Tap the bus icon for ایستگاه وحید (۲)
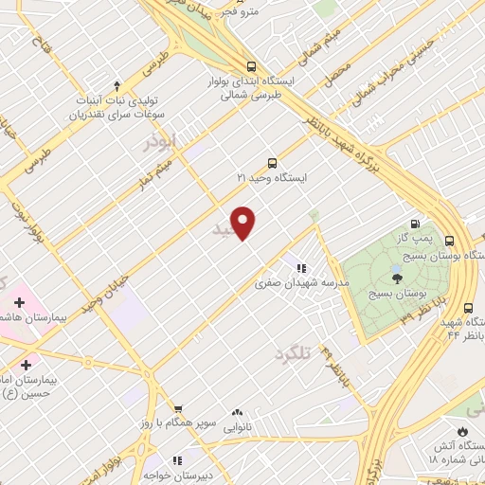pos(273,162)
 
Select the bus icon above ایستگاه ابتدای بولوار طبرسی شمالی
pos(251,66)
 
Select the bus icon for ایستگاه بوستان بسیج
pos(449,240)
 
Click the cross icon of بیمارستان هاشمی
pos(16,304)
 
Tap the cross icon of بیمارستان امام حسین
pos(25,364)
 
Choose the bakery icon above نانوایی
pos(237,413)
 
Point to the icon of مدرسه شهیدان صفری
pos(301,268)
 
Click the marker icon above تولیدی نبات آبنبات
pos(117,85)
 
